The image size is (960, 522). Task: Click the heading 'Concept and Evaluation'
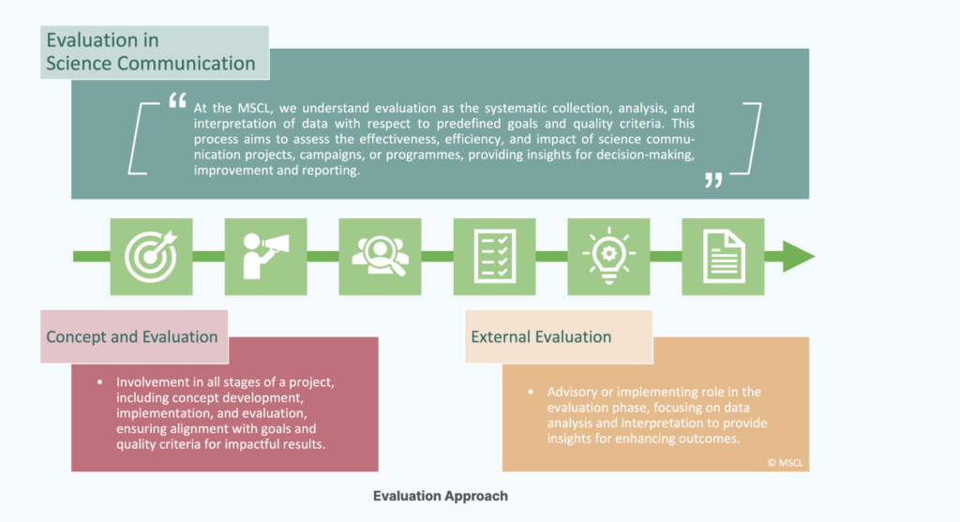(132, 336)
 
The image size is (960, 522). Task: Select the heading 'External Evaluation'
(541, 336)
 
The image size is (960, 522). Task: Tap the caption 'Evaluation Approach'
(441, 496)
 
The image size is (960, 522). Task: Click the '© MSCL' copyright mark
(785, 461)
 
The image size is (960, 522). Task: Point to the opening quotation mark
(177, 101)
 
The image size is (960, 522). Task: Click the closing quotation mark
(714, 179)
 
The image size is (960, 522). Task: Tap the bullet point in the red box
(98, 382)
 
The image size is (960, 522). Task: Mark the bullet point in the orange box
(530, 391)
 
